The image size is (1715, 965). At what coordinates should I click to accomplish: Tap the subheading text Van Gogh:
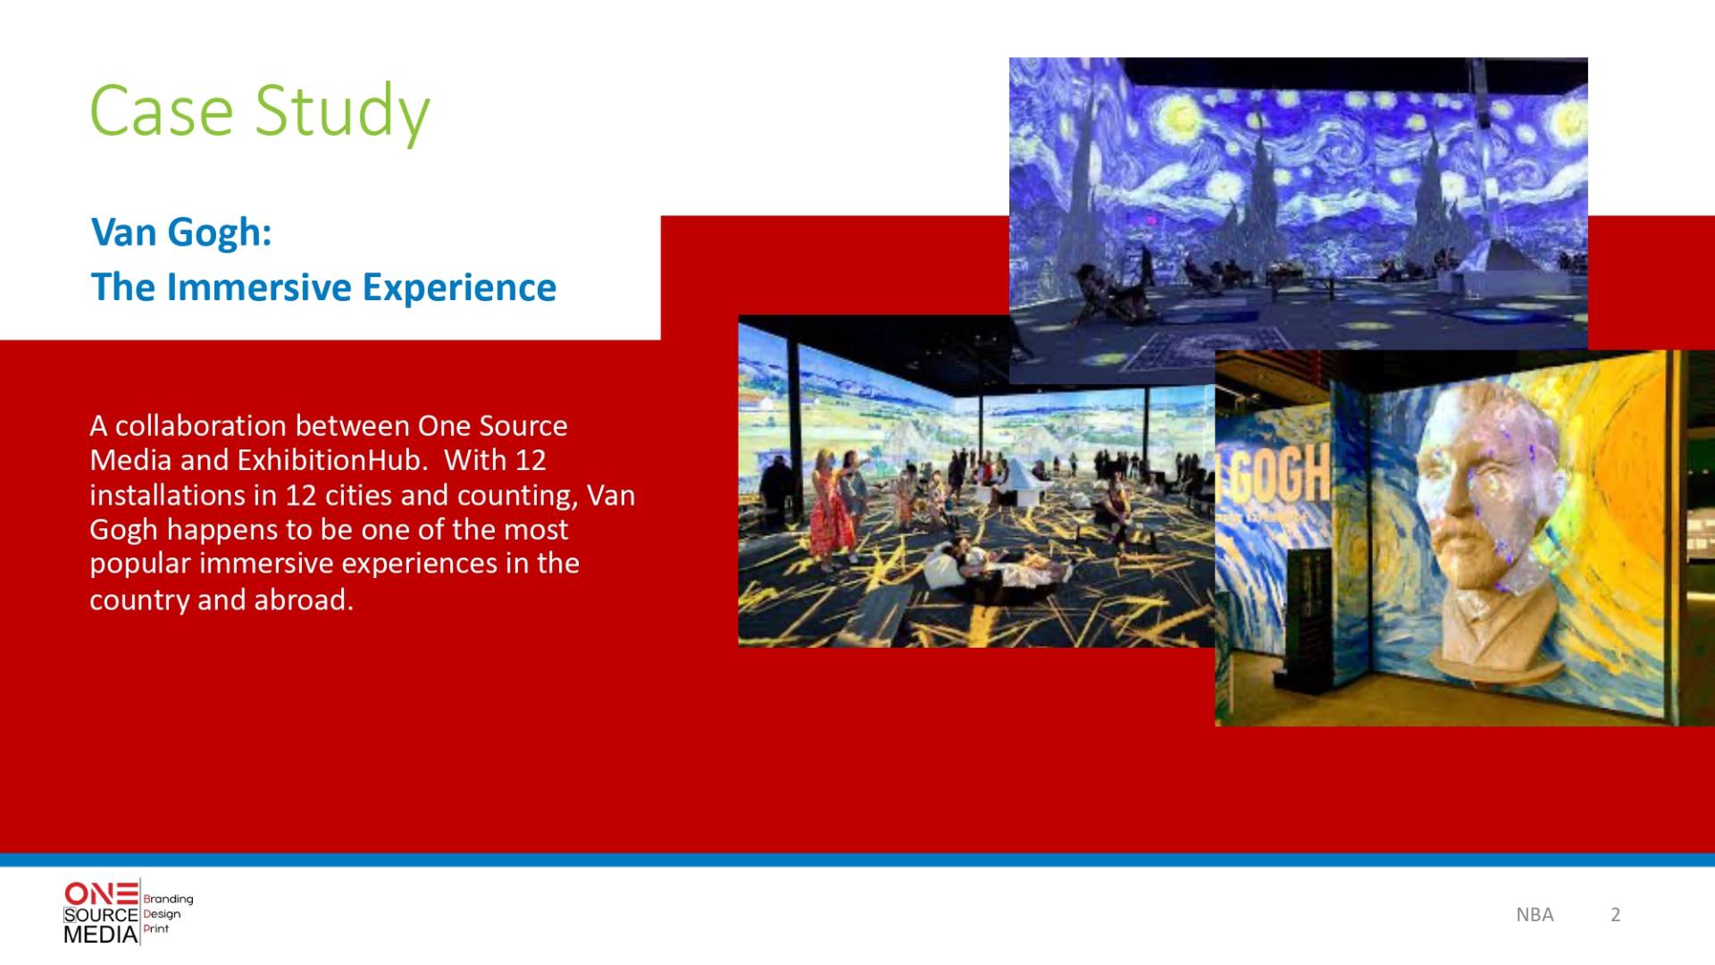coord(181,232)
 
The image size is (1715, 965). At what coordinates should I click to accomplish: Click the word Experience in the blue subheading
coord(459,289)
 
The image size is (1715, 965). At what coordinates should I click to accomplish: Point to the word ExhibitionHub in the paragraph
coord(329,459)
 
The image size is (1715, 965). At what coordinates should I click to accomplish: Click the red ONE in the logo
coord(101,893)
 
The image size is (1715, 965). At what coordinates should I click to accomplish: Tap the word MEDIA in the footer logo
coord(101,935)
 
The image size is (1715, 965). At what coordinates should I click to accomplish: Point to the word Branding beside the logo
coord(168,899)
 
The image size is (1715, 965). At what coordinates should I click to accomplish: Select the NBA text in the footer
coord(1535,914)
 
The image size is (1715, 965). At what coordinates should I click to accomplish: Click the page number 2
coord(1615,914)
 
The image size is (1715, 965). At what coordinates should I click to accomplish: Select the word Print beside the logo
coord(155,928)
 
